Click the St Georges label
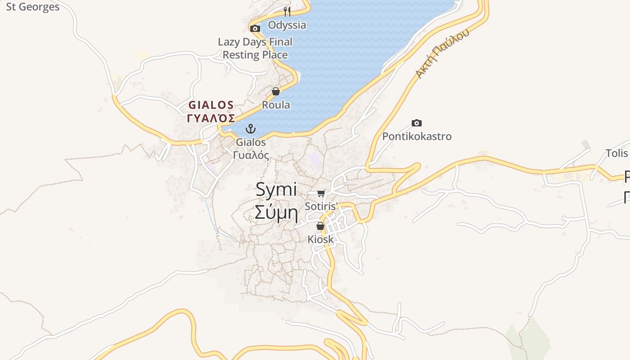coord(32,7)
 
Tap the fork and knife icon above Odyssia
coord(287,11)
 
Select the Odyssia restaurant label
coord(287,25)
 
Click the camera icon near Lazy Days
coord(255,29)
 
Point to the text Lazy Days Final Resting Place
coord(255,49)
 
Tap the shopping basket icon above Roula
coord(276,91)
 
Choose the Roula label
coord(276,105)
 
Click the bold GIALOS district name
coord(211,105)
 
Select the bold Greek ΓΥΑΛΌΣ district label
coord(211,118)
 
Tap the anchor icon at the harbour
coord(251,129)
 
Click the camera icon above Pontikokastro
coord(417,123)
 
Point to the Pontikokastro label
coord(417,136)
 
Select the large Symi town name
coord(276,189)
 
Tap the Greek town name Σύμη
coord(276,212)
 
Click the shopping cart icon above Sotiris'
coord(321,193)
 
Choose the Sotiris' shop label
coord(321,207)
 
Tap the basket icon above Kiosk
coord(320,226)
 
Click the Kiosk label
coord(321,239)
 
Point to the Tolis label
coord(616,153)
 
